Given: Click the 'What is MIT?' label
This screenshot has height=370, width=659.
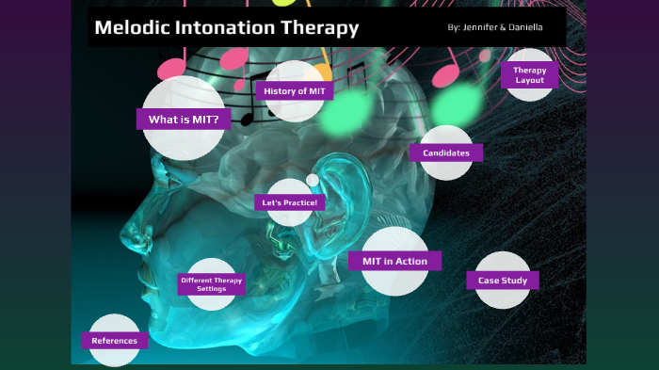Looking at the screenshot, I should [184, 120].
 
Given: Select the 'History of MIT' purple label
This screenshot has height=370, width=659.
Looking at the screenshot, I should [294, 90].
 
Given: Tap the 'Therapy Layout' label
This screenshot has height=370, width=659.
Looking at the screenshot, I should [529, 75].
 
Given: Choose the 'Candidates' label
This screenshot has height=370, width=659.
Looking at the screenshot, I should [446, 153].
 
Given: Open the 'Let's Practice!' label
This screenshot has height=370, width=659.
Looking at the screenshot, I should [290, 202].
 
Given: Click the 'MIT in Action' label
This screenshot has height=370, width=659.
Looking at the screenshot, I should [394, 261].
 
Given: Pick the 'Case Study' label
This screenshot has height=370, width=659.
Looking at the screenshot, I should [502, 280].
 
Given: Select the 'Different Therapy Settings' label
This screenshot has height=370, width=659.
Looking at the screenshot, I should [211, 284].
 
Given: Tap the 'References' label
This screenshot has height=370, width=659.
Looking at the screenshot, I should [114, 341].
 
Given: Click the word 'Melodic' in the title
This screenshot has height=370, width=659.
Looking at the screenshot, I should [131, 28].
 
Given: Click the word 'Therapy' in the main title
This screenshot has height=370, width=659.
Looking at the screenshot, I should [323, 28].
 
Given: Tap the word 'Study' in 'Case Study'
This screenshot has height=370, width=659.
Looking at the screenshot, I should [516, 280].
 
